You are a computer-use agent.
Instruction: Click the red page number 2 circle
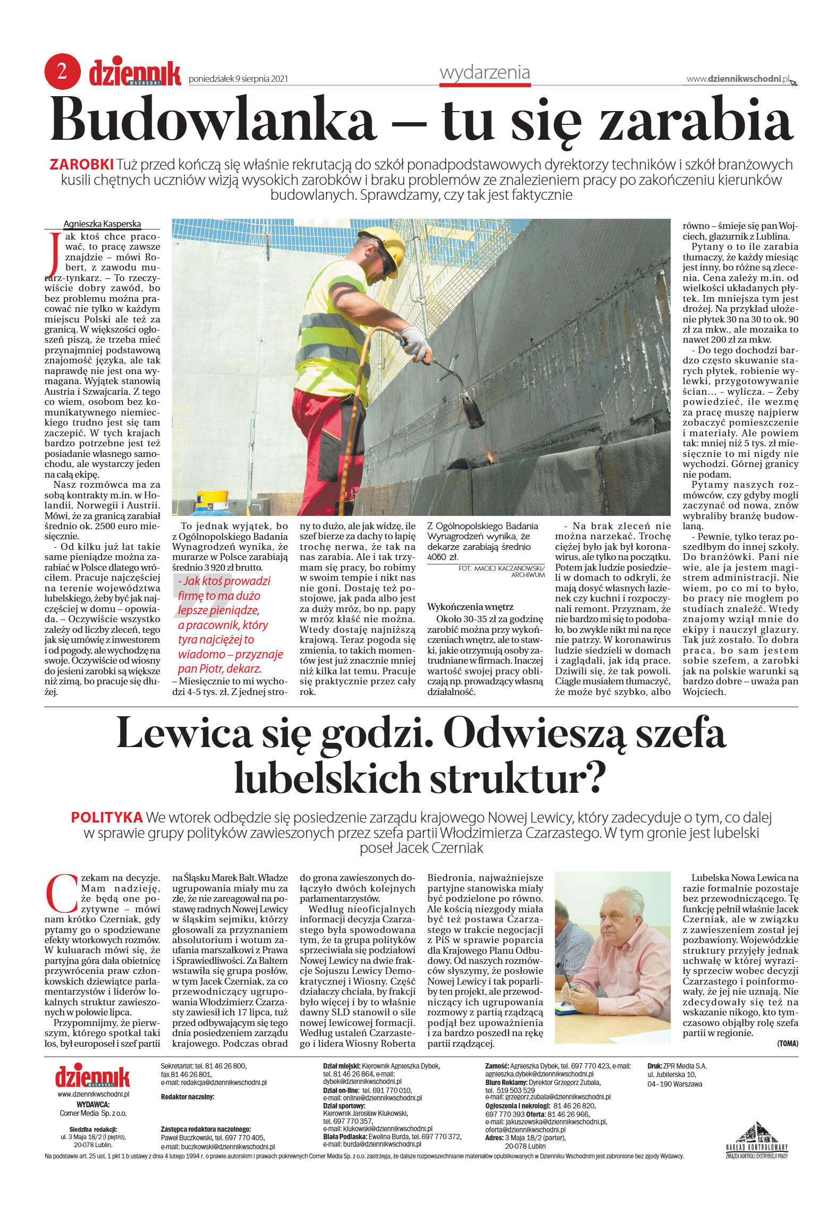pyautogui.click(x=63, y=71)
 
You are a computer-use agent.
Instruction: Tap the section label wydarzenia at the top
pyautogui.click(x=485, y=72)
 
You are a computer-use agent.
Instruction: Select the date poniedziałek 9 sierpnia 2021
pyautogui.click(x=238, y=79)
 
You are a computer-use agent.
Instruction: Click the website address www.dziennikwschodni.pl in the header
pyautogui.click(x=738, y=79)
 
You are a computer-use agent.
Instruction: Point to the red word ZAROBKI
pyautogui.click(x=81, y=164)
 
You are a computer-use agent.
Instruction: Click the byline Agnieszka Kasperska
pyautogui.click(x=102, y=224)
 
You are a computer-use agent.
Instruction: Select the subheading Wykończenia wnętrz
pyautogui.click(x=470, y=607)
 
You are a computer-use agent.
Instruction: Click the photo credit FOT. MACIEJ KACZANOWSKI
pyautogui.click(x=501, y=569)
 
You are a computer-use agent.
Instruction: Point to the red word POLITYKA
pyautogui.click(x=107, y=817)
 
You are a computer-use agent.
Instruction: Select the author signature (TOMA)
pyautogui.click(x=787, y=1043)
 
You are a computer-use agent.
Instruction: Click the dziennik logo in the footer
pyautogui.click(x=92, y=1077)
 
